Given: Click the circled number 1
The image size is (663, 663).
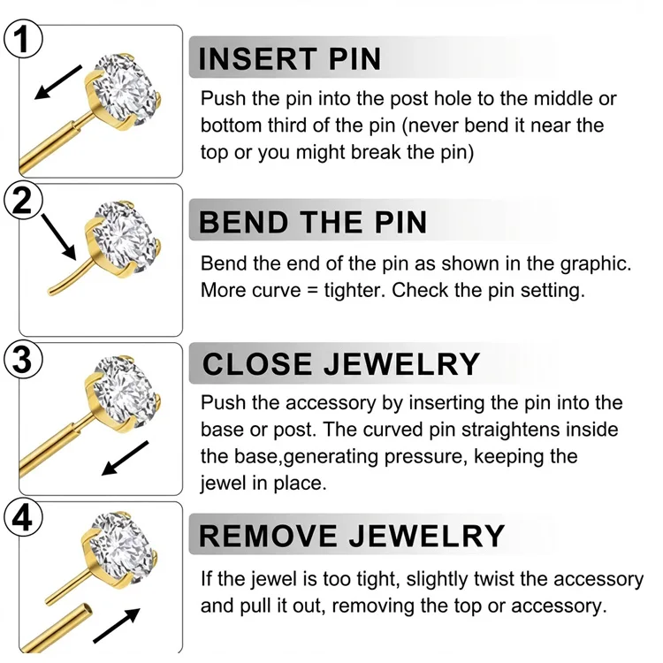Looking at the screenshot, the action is pos(23,39).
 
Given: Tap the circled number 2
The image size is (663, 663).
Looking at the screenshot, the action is pos(23,200).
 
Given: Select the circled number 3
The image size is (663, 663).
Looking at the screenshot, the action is pos(23,359).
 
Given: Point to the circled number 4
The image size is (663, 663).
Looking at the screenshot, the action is pos(23,517).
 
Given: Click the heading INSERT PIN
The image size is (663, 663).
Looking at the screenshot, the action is pos(290,58).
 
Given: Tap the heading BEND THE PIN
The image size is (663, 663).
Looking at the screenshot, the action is pos(312,222).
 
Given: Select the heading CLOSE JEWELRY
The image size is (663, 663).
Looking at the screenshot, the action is pos(341,363).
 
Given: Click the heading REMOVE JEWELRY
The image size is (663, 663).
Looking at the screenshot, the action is pos(351,536).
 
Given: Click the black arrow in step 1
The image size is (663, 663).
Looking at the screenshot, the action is pos(58,82).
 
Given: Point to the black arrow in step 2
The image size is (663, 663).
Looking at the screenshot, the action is pos(58,236).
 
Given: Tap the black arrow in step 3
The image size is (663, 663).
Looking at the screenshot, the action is pos(126,458).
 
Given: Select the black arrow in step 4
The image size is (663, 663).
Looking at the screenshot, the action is pos(117,626).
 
